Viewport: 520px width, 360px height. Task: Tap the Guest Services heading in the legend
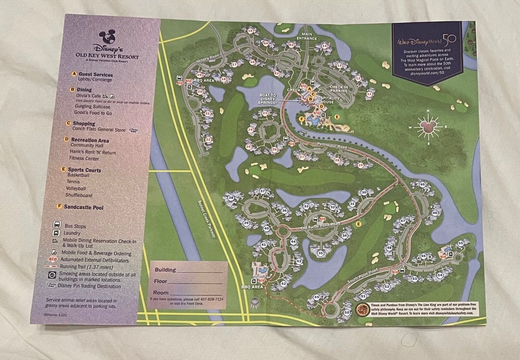pos(95,75)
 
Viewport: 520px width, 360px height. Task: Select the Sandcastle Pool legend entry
pos(84,208)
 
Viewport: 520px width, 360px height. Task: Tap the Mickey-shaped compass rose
pos(427,127)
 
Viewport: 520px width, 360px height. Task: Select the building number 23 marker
pos(265,114)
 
